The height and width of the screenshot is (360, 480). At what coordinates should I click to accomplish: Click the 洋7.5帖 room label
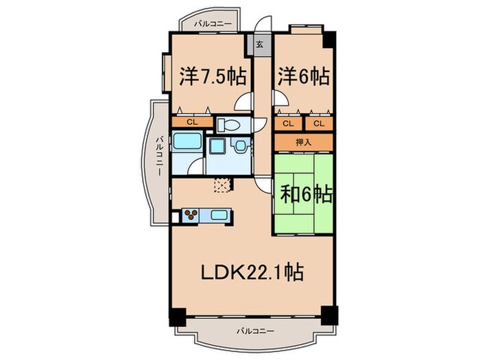point(213,75)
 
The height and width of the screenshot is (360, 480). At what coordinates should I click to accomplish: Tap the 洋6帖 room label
point(303,75)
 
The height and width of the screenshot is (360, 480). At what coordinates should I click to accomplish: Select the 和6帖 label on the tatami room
point(307,195)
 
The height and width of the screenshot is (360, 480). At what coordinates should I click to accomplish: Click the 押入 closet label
point(304,142)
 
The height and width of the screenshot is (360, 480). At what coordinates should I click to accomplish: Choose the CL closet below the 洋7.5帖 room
point(193,123)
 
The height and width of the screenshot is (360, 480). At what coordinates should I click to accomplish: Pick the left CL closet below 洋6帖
point(288,123)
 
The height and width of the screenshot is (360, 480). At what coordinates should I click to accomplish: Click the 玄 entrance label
point(261,45)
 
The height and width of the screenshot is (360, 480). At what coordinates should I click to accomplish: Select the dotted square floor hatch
point(222,183)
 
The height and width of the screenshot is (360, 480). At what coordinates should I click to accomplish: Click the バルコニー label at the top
point(213,23)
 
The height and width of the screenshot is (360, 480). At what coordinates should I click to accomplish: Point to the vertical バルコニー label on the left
point(158,156)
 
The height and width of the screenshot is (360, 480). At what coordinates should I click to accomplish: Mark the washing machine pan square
point(217,148)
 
